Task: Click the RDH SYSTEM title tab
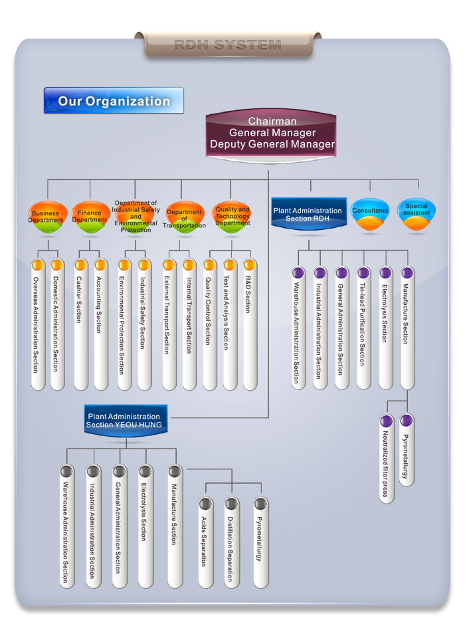click(227, 45)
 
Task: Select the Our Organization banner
click(114, 101)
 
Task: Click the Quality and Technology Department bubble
click(232, 216)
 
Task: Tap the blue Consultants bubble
click(370, 213)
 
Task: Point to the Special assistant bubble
click(417, 213)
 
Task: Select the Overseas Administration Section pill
click(37, 326)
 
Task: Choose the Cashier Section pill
click(80, 326)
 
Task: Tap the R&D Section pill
click(250, 326)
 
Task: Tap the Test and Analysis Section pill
click(230, 326)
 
